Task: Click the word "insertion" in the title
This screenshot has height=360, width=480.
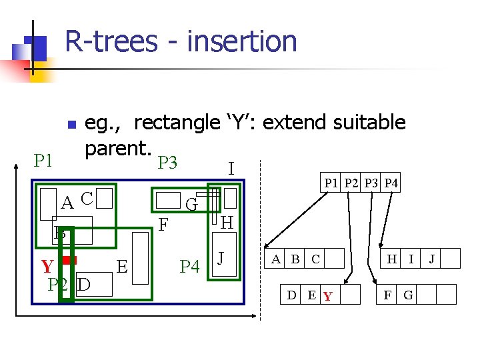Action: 242,41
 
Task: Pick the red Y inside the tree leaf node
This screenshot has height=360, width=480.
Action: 327,295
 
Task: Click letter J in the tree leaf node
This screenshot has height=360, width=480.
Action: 431,259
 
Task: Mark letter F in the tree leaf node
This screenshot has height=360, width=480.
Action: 387,294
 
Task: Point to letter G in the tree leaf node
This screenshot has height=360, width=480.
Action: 408,294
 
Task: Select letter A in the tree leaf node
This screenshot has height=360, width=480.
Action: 275,259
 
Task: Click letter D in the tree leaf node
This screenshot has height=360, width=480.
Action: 292,294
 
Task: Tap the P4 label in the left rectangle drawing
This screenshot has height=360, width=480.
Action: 189,267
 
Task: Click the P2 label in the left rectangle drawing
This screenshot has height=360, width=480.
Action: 58,284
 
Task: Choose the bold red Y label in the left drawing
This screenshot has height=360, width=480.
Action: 47,267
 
